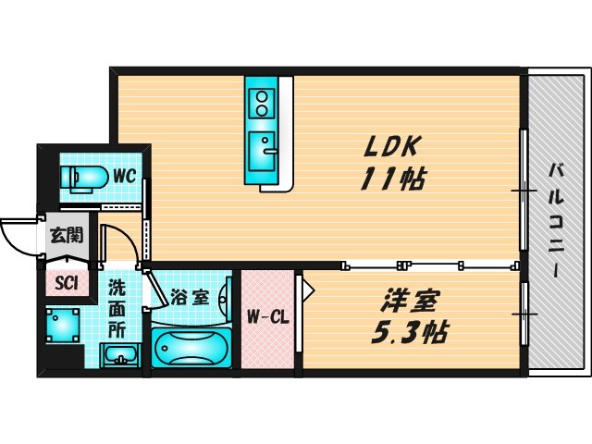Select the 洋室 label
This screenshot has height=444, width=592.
(412, 301)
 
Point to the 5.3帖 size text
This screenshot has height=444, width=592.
(413, 332)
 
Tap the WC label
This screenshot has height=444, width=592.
(125, 174)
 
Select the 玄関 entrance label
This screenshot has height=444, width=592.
(65, 234)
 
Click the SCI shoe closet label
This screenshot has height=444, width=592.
(66, 284)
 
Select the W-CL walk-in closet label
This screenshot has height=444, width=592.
(268, 317)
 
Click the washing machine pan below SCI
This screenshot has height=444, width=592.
(66, 325)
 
